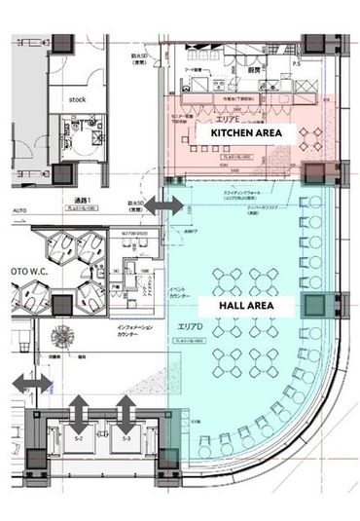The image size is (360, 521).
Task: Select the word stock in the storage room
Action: pos(77,99)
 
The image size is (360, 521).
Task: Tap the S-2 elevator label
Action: pos(81,440)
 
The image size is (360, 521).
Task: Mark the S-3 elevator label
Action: pos(126,440)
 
